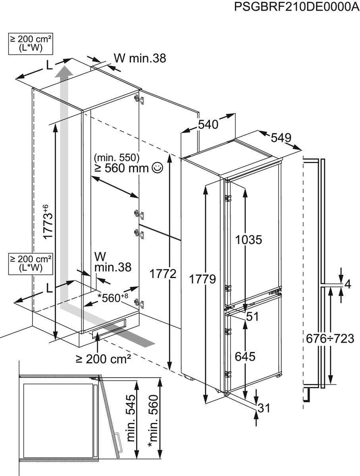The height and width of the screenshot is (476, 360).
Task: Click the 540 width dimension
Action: (x=208, y=125)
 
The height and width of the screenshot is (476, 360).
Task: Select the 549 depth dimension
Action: (x=281, y=138)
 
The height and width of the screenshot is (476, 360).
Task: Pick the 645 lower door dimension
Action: (x=244, y=357)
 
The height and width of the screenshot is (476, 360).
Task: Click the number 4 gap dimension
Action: (x=348, y=284)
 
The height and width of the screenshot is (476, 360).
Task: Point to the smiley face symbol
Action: (x=157, y=168)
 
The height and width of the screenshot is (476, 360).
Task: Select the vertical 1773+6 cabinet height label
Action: (x=48, y=221)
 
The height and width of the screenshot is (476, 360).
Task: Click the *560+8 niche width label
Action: (x=114, y=297)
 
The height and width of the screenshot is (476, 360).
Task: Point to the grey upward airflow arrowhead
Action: (x=63, y=73)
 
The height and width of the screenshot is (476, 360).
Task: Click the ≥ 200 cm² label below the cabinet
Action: (x=104, y=359)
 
